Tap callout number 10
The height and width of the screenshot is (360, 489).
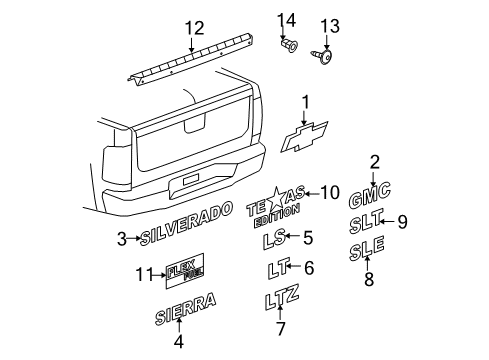coord(330,191)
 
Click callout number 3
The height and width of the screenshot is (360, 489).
coord(121,238)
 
